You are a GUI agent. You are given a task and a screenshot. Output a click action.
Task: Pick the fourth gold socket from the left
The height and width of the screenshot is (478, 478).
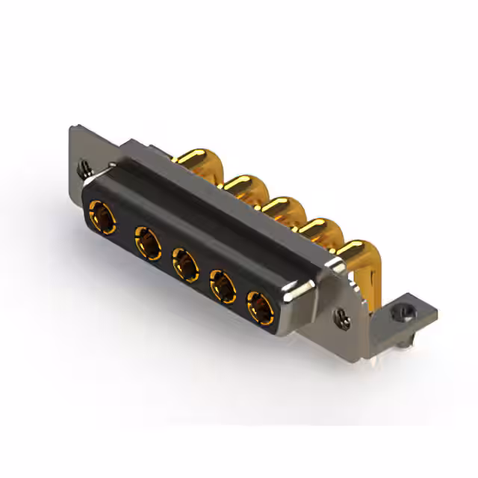point(223,285)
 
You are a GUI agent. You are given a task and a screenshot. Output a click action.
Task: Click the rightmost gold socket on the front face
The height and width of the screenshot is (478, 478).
point(259,305)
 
